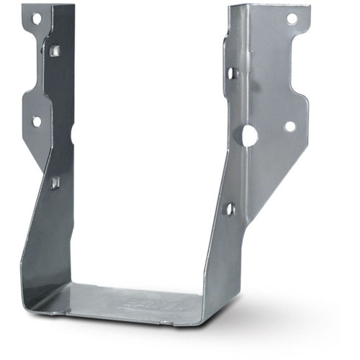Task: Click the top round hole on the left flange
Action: pyautogui.click(x=36, y=17)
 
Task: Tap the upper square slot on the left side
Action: pyautogui.click(x=55, y=50)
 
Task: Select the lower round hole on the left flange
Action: pyautogui.click(x=36, y=122)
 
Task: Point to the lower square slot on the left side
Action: pyautogui.click(x=55, y=182)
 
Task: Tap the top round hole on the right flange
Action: pyautogui.click(x=292, y=19)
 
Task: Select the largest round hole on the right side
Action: pyautogui.click(x=250, y=135)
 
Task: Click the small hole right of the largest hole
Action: pyautogui.click(x=289, y=127)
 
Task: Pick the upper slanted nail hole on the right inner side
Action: pyautogui.click(x=232, y=73)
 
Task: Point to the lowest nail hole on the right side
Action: pyautogui.click(x=230, y=209)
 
